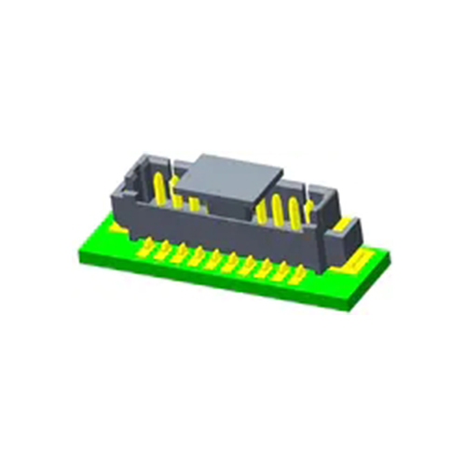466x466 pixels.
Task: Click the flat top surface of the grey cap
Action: point(229,171)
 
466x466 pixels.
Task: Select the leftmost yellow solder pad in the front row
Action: point(144,248)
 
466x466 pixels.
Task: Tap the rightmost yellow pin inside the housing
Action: point(310,211)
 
